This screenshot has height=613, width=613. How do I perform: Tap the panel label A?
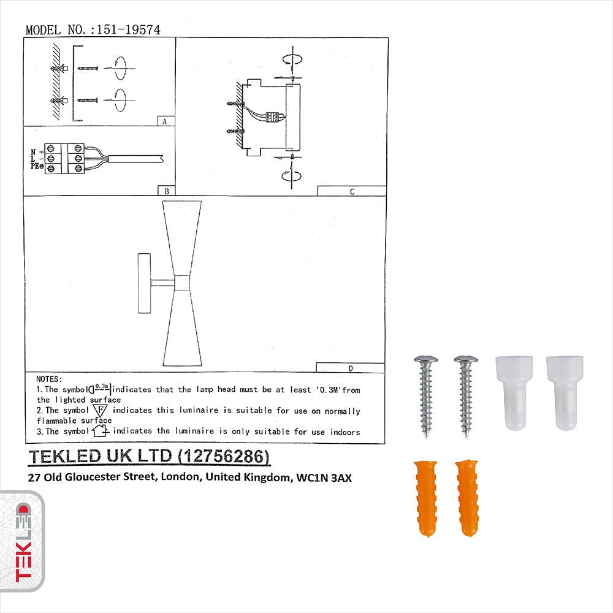(x=164, y=121)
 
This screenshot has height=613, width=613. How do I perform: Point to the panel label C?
(x=351, y=191)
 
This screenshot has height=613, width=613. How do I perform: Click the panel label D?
(x=350, y=368)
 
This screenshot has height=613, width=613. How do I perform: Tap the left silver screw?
(x=424, y=395)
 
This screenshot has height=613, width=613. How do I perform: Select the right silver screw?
(x=466, y=395)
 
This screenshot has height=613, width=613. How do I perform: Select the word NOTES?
(x=49, y=379)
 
